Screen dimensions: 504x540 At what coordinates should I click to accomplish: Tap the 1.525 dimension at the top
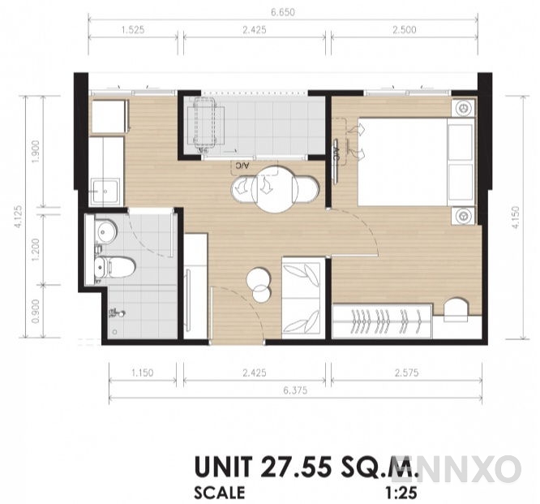coord(135,30)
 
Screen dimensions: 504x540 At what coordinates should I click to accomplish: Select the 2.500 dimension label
coord(403,30)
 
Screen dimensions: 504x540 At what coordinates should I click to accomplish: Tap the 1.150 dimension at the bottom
coord(143,375)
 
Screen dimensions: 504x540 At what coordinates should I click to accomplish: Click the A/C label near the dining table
coord(241,166)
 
